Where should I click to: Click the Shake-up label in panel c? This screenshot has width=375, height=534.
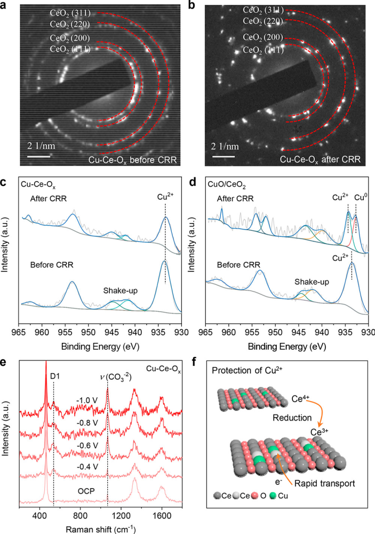(x=121, y=290)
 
